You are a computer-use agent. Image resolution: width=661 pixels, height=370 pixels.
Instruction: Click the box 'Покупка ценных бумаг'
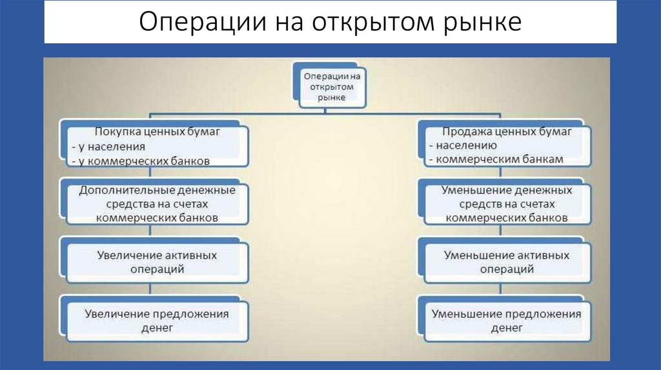154,144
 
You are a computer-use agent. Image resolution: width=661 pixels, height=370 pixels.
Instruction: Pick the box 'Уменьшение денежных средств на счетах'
506,204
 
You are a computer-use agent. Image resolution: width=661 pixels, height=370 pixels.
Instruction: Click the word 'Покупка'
116,132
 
